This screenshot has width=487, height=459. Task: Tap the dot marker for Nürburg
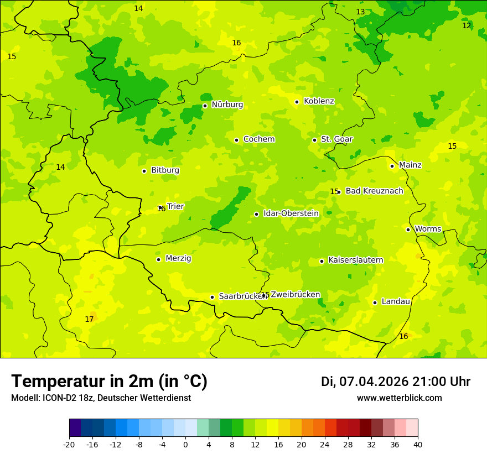(205, 106)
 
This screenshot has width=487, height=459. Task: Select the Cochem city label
(258, 139)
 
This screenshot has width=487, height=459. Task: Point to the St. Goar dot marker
(314, 140)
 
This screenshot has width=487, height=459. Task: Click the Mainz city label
(410, 165)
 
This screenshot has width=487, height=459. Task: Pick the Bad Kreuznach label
(374, 191)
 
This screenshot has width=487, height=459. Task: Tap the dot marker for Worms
(408, 229)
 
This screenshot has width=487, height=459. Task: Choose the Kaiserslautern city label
(355, 260)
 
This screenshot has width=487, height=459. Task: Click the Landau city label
(396, 302)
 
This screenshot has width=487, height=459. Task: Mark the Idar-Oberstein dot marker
(256, 214)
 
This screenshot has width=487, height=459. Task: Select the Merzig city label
(178, 259)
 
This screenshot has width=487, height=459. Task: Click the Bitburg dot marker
(144, 171)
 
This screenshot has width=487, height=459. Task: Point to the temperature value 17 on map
(89, 320)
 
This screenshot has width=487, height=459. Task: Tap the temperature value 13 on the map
(360, 12)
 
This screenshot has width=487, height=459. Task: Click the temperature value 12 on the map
(467, 26)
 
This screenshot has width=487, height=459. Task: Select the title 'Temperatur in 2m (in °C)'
(109, 382)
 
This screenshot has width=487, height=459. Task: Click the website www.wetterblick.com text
(399, 398)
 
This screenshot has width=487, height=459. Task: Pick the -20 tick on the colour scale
(69, 444)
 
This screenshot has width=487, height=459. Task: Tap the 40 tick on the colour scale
(418, 444)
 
